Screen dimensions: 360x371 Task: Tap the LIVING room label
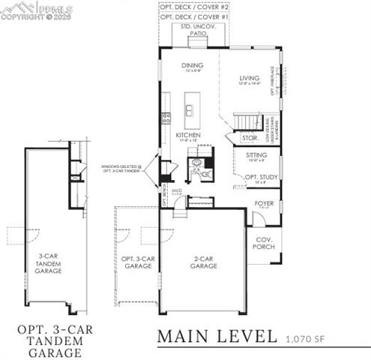tap(248, 77)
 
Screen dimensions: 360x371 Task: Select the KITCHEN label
tap(187, 136)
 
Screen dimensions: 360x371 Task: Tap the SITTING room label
tap(257, 155)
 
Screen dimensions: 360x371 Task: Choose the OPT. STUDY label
tap(261, 178)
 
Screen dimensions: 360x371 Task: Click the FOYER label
tap(264, 202)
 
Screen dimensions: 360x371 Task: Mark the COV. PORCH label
tap(263, 243)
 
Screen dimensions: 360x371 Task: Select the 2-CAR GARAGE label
tap(203, 262)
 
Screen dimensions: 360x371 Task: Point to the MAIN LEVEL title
tap(217, 337)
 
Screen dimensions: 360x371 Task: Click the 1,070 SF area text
tap(306, 340)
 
